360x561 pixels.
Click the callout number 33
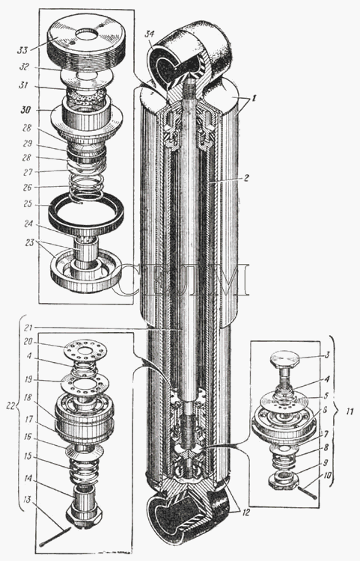coord(22,50)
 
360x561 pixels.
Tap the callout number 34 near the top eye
coord(150,35)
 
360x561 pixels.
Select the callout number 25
coord(27,204)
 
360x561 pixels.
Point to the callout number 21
coord(28,328)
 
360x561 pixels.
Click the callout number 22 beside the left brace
coord(11,405)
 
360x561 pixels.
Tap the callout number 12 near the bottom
coord(245,512)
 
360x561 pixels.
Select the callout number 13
coord(27,499)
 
